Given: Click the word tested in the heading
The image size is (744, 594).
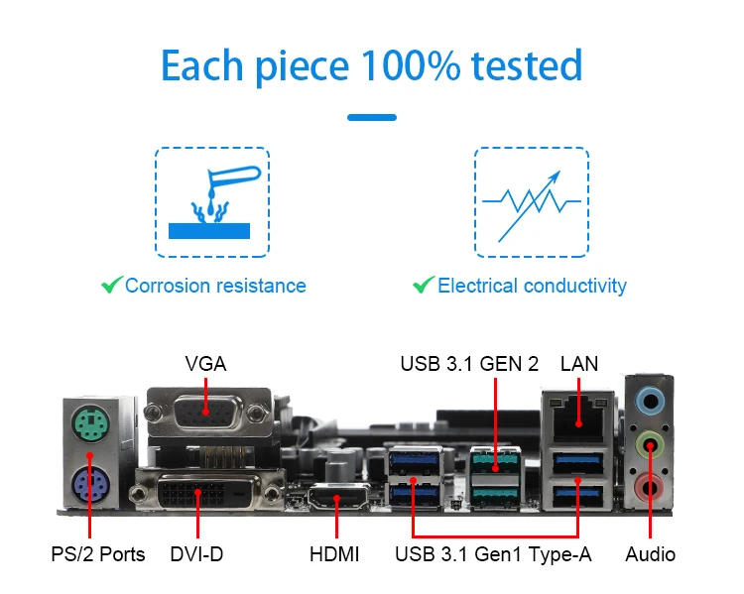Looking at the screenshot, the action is pyautogui.click(x=526, y=65).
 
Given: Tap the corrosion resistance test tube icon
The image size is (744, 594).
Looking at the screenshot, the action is pyautogui.click(x=211, y=202).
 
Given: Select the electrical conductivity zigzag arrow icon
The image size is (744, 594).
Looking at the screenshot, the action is pyautogui.click(x=531, y=202).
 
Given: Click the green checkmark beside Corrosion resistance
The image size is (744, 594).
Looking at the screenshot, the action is pyautogui.click(x=111, y=286).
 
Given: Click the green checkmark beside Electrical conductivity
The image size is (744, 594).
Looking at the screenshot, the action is pyautogui.click(x=424, y=286).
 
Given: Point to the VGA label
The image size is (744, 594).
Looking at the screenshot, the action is pyautogui.click(x=205, y=364).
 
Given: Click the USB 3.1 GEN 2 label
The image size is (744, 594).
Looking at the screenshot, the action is pyautogui.click(x=469, y=364).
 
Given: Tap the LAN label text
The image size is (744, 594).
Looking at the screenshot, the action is pyautogui.click(x=579, y=364).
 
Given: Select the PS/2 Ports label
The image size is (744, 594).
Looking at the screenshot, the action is pyautogui.click(x=97, y=553).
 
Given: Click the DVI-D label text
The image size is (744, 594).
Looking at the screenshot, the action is pyautogui.click(x=196, y=553).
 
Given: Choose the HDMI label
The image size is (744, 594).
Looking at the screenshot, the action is pyautogui.click(x=336, y=553).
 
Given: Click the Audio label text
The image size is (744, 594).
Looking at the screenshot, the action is pyautogui.click(x=651, y=553).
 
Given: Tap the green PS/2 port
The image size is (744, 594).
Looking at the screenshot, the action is pyautogui.click(x=90, y=427).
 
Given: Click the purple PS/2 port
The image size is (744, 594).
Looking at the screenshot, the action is pyautogui.click(x=90, y=486).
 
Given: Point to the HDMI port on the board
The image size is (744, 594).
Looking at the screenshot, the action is pyautogui.click(x=337, y=499).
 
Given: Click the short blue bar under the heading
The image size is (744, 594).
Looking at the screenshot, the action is pyautogui.click(x=372, y=117).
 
